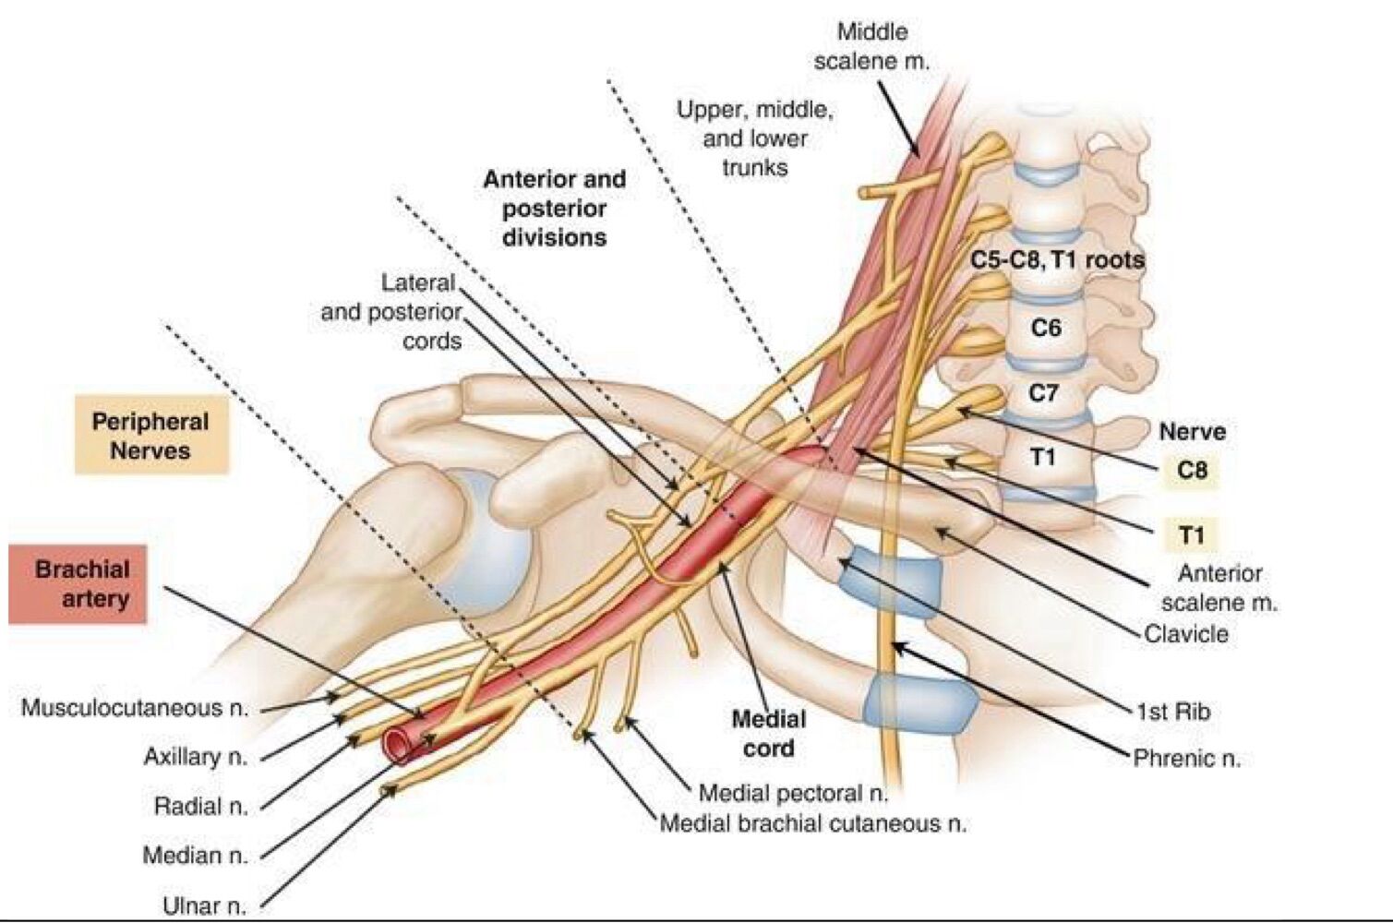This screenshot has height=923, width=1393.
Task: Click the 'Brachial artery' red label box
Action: click(x=78, y=583)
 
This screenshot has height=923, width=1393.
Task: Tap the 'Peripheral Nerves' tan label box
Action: click(x=150, y=436)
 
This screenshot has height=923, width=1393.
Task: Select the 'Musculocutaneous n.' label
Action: click(x=135, y=708)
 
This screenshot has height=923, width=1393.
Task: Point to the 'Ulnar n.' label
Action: click(x=205, y=905)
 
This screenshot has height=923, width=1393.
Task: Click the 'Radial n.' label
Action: click(x=201, y=806)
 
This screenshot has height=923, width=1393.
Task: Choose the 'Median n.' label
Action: click(x=196, y=856)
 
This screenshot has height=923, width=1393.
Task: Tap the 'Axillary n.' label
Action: click(x=196, y=757)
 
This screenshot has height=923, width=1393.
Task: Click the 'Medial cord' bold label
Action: click(x=768, y=734)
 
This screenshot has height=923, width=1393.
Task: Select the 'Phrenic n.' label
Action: click(x=1186, y=758)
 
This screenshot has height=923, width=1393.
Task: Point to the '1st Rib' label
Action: click(x=1172, y=712)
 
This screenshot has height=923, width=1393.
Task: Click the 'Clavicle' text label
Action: click(x=1186, y=634)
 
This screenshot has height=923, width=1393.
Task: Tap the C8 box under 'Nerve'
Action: click(x=1192, y=470)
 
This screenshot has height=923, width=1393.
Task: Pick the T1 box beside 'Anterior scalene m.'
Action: click(x=1192, y=535)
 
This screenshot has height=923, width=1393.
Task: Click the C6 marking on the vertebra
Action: click(x=1045, y=328)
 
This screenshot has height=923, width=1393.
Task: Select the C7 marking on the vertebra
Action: click(x=1043, y=393)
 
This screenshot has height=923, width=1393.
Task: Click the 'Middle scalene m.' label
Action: click(x=871, y=46)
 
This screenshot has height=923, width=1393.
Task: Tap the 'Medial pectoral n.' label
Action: click(x=793, y=793)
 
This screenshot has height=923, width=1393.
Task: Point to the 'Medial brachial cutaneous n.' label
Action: click(x=813, y=823)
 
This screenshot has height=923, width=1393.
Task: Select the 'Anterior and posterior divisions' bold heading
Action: click(x=554, y=208)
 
